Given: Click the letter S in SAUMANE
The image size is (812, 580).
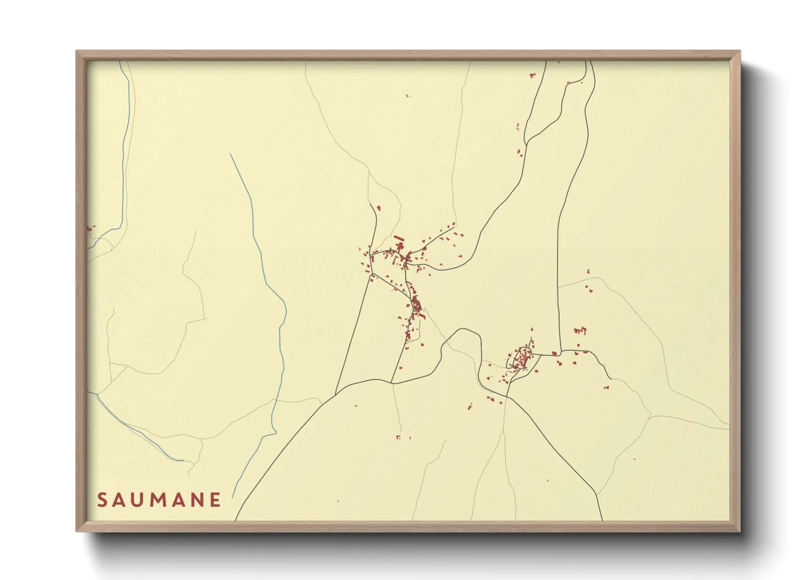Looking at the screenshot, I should pos(101,500).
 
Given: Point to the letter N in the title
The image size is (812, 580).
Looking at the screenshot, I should pos(197,500).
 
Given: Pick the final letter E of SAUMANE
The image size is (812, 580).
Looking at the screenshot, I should pos(216,500).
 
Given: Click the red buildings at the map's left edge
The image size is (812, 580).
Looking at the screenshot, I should pos(91,228).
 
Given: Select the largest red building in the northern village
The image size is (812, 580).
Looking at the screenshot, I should pos(399,239).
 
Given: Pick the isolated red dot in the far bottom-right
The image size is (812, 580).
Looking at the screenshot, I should pos(634,459).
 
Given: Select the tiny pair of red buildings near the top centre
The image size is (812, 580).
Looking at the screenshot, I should pos(408,96).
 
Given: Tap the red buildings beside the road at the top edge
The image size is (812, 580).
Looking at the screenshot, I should pos(531,75).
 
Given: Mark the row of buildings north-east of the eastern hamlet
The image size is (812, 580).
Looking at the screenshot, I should pos(580,331).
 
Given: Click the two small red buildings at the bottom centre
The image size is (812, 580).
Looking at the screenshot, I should pos(403,437).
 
